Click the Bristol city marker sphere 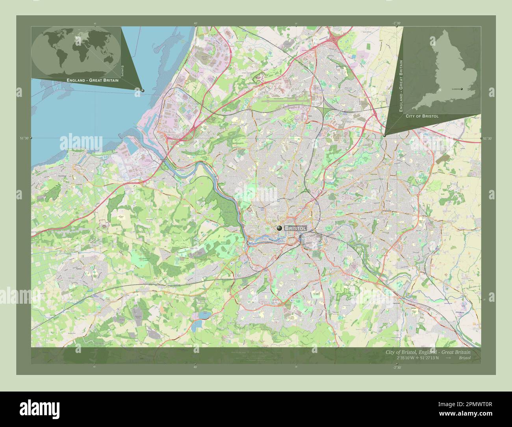279,228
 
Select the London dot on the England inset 462,89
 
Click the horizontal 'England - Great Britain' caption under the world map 93,80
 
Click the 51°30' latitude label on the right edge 488,138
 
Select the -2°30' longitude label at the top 397,23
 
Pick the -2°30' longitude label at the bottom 397,368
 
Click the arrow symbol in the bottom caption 448,358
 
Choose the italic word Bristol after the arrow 464,358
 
